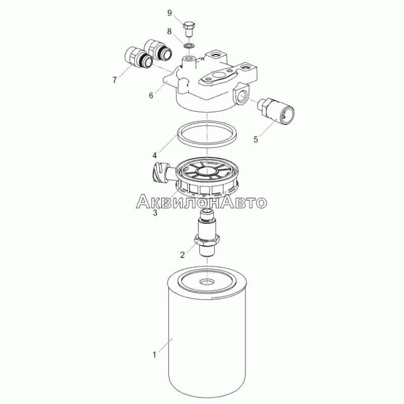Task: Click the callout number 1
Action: pos(155,355)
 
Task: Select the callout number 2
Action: pos(182,255)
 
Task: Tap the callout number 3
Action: pos(155,213)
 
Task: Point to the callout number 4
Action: pos(155,156)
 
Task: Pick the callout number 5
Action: pos(256,139)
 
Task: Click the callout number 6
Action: pos(151,95)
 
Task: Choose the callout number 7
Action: pos(115,80)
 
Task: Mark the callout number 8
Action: pos(169,31)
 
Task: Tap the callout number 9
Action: pos(170,13)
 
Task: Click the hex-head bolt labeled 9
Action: pos(189,30)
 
